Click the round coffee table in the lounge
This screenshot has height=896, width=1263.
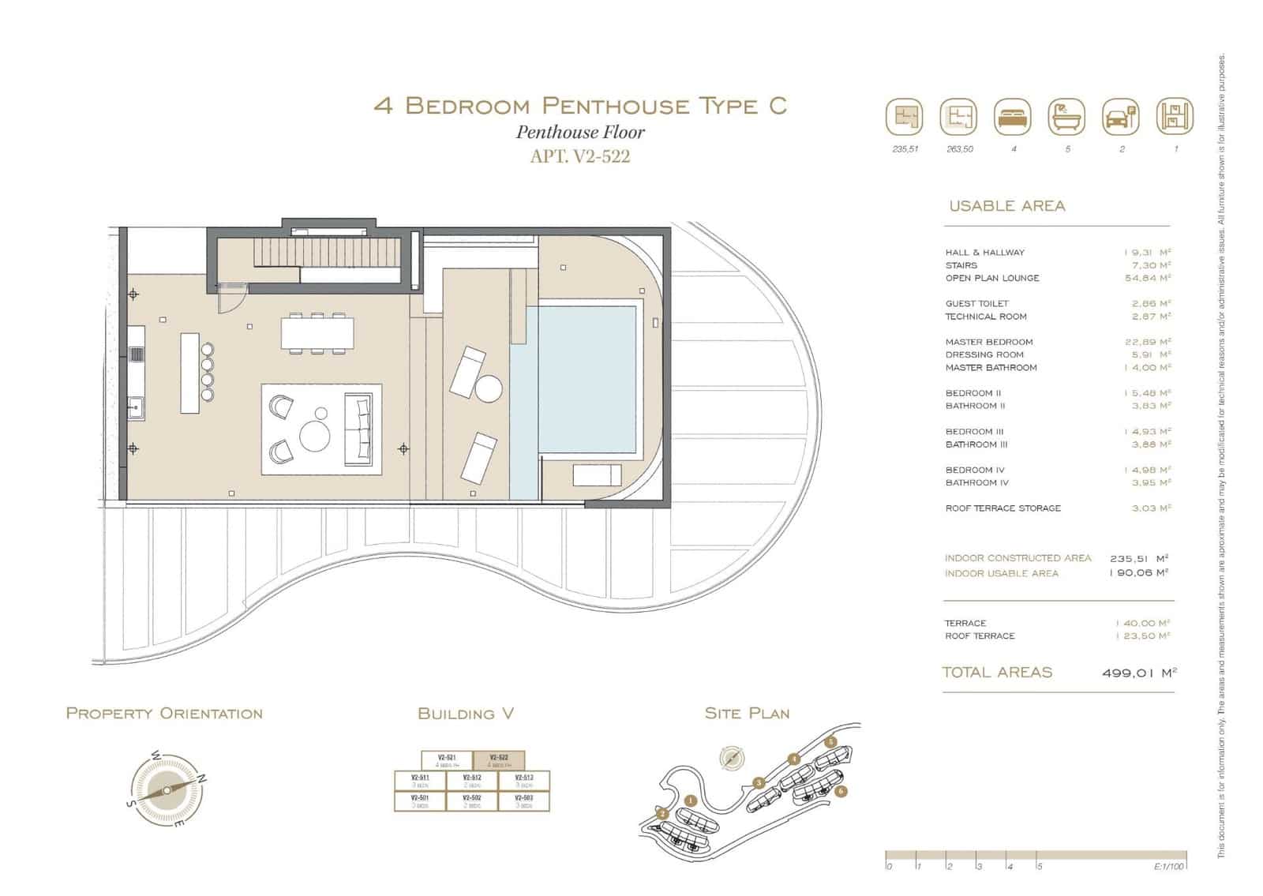[316, 436]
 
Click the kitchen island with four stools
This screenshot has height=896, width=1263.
[189, 373]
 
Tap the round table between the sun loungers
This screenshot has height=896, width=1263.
[489, 389]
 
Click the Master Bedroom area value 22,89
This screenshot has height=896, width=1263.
[1147, 342]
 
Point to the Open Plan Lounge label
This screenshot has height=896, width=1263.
[992, 278]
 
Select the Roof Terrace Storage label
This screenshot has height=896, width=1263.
[1003, 508]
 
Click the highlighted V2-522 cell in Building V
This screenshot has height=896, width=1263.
[499, 760]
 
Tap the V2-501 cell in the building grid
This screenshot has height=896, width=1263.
[420, 800]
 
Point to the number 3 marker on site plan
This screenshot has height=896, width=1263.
[759, 783]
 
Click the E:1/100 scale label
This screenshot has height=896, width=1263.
[1169, 867]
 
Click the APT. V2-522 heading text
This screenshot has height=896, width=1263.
[580, 156]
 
